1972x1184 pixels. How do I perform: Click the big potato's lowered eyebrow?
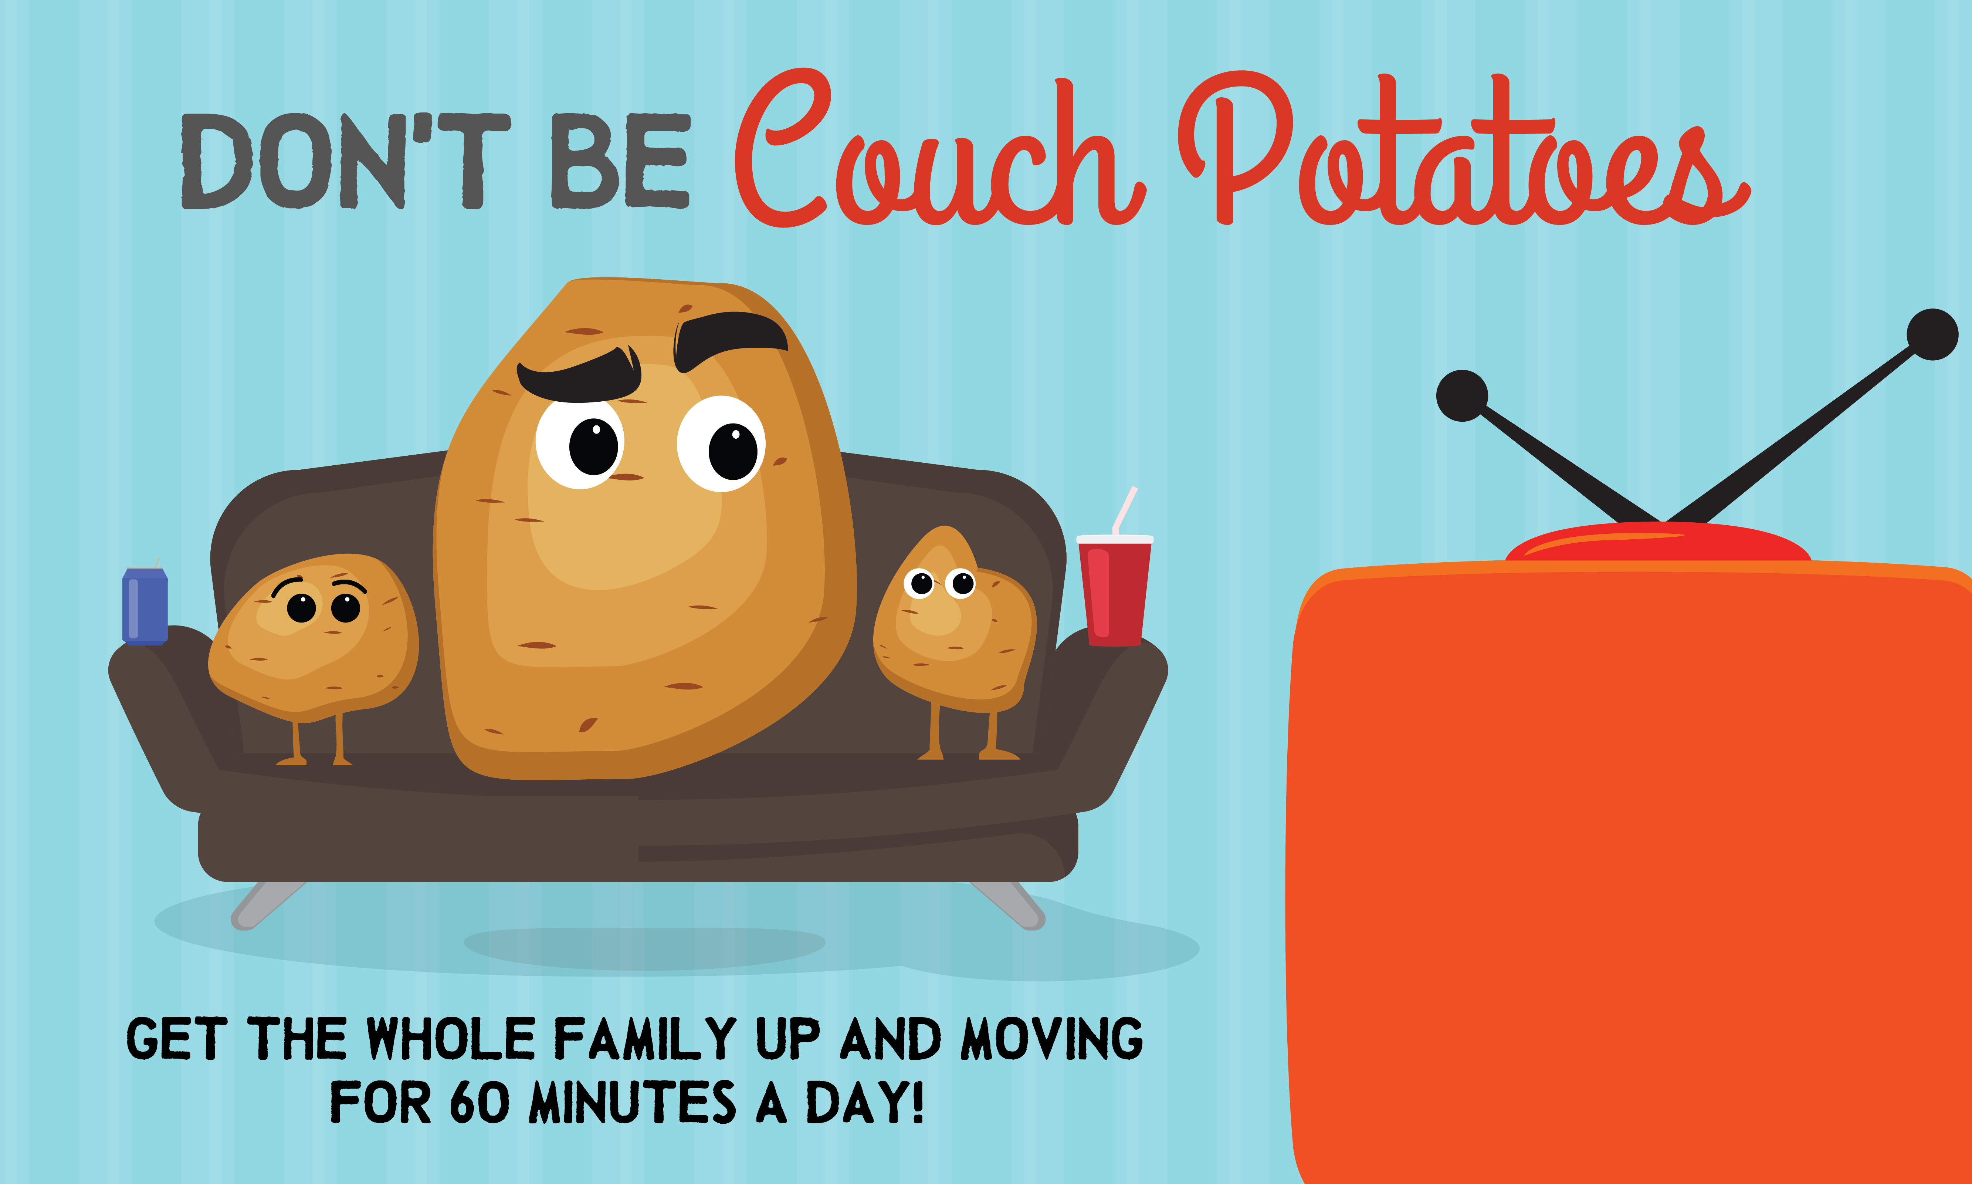pyautogui.click(x=580, y=375)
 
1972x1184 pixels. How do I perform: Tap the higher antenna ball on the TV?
pyautogui.click(x=1932, y=334)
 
